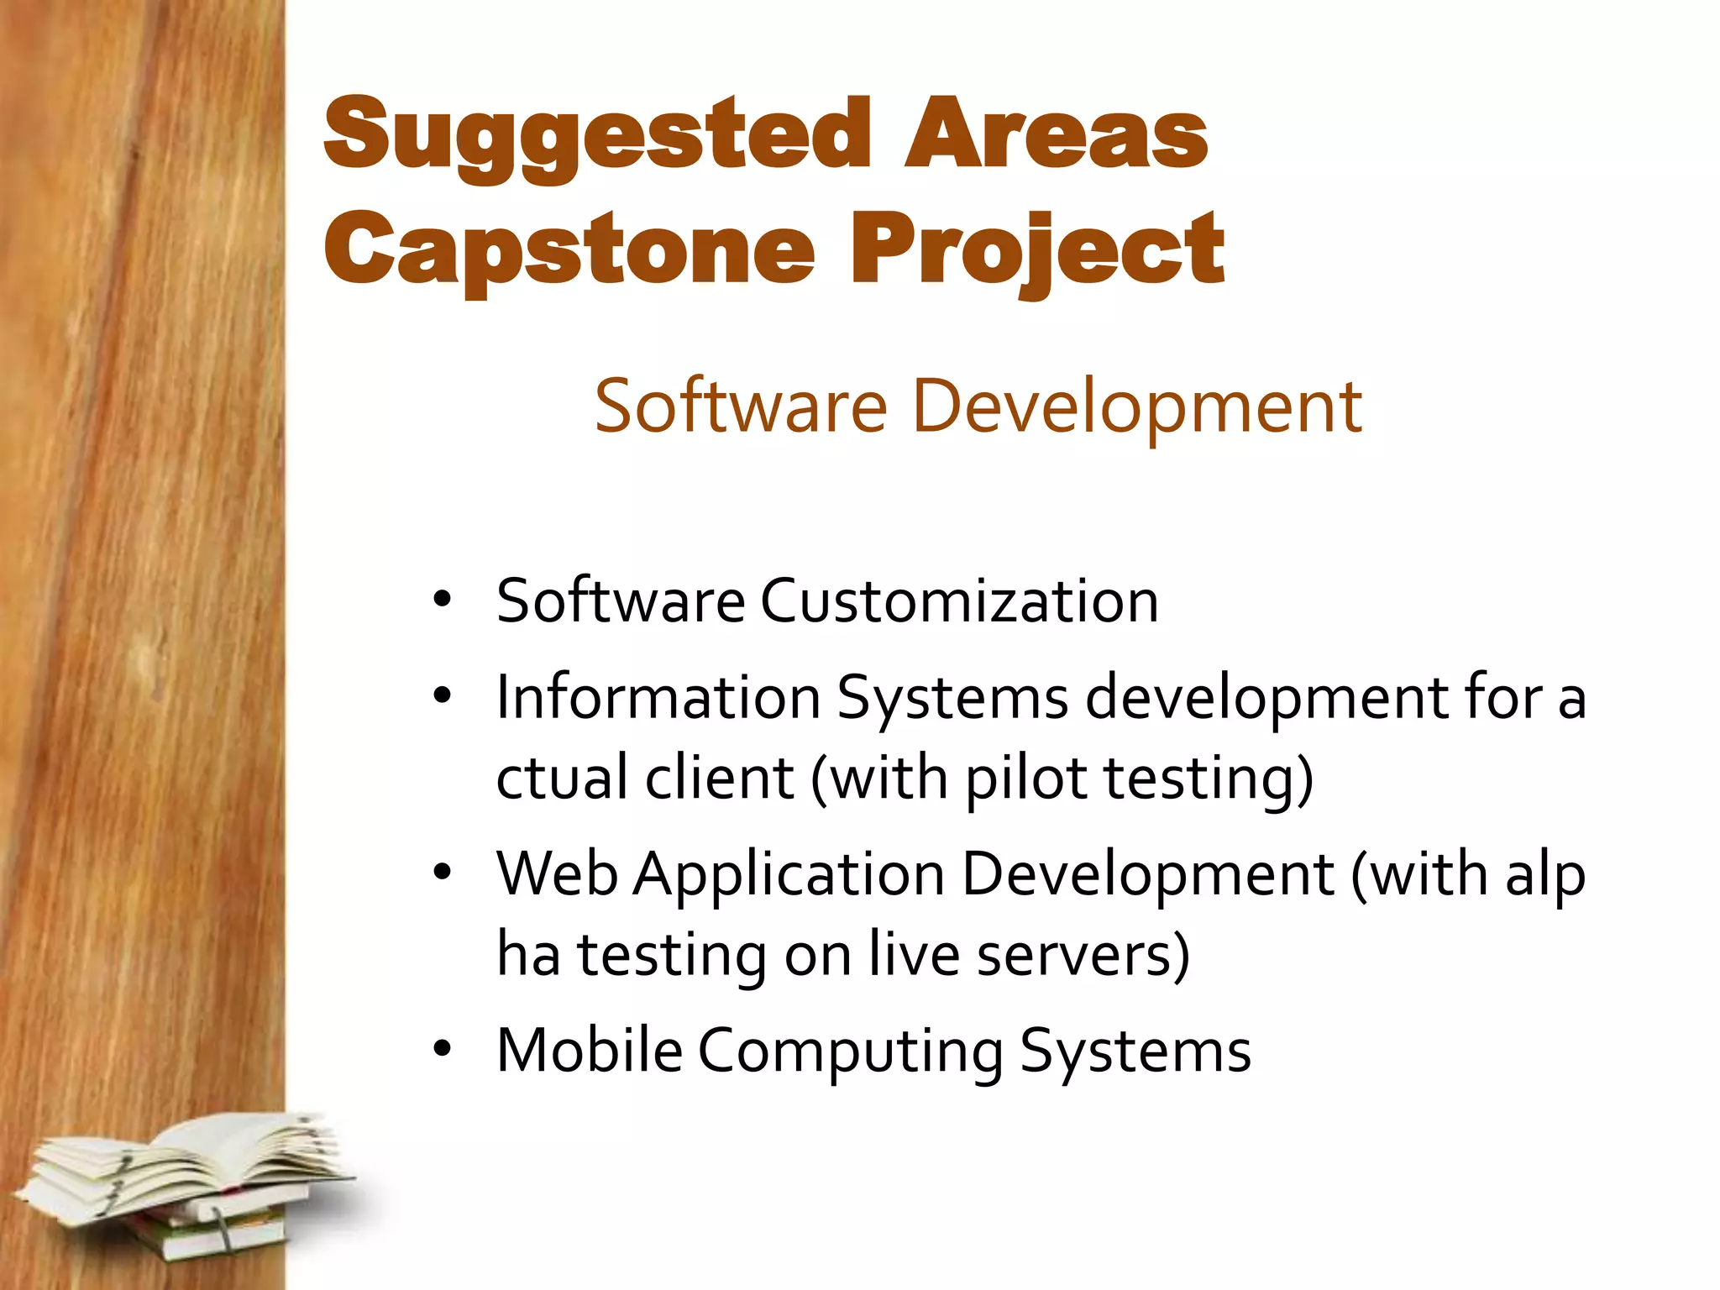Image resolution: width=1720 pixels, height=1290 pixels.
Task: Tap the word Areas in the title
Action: tap(1056, 134)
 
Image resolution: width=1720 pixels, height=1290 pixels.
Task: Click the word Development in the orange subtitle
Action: tap(1136, 406)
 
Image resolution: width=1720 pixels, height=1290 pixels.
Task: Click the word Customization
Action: tap(959, 601)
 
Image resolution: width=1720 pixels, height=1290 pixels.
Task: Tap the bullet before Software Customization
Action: tap(443, 600)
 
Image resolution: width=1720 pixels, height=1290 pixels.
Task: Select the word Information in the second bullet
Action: tap(658, 697)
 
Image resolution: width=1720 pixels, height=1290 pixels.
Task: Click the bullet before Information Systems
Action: tap(443, 696)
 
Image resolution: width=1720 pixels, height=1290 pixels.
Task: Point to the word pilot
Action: tap(1026, 778)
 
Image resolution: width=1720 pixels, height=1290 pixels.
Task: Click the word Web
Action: tap(558, 874)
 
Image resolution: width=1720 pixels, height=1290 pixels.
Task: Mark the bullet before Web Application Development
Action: tap(443, 873)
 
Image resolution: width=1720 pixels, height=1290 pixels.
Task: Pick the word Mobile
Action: tap(590, 1050)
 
